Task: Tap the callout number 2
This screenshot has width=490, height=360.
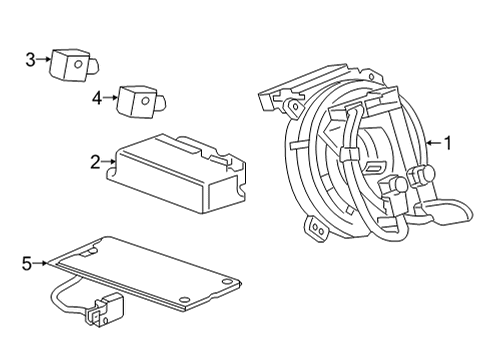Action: coord(94,161)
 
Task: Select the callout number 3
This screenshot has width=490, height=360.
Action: coord(31,59)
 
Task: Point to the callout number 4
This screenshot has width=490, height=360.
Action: coord(96,97)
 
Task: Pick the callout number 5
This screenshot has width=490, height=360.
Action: coord(27,263)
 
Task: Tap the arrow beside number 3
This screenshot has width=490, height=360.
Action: coord(45,59)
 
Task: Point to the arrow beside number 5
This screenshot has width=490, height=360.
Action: coord(41,263)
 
